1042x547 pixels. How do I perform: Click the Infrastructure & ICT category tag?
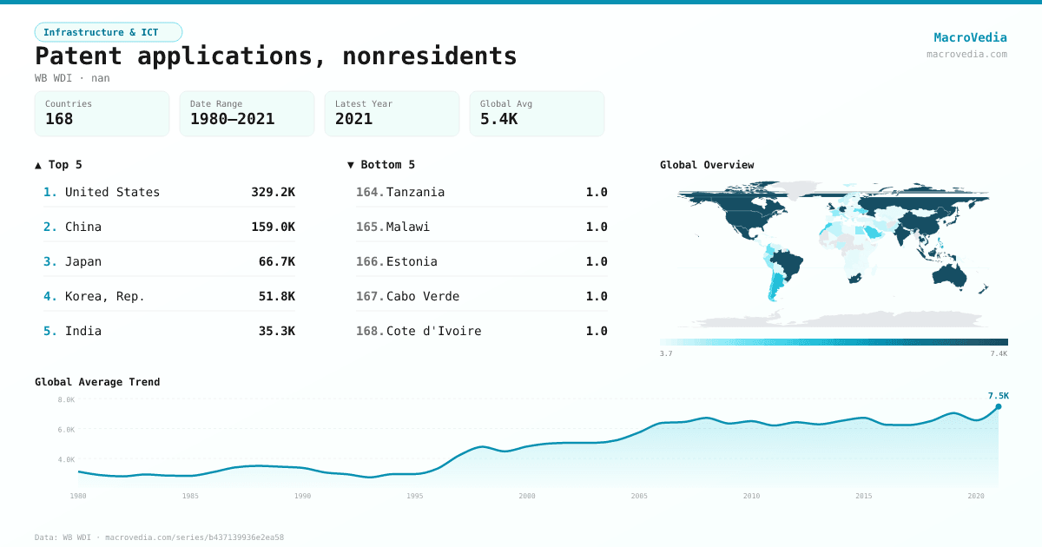click(108, 32)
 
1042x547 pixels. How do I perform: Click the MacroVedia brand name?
click(970, 37)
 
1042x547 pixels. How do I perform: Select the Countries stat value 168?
click(59, 119)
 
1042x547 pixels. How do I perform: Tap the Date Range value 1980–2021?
click(232, 119)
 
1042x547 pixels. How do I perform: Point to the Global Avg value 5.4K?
click(498, 119)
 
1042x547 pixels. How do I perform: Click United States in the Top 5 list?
click(112, 192)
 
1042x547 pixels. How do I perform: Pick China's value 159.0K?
click(273, 227)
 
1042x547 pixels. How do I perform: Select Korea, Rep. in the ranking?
click(104, 296)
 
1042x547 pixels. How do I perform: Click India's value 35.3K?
click(276, 331)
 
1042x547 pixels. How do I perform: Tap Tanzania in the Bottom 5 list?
click(415, 192)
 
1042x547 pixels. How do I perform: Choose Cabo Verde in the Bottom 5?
click(423, 296)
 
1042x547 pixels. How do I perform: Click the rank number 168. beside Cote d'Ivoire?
click(369, 331)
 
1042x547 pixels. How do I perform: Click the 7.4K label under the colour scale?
click(999, 353)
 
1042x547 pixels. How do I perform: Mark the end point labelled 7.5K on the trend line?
click(998, 406)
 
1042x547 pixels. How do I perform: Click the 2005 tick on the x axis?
click(639, 496)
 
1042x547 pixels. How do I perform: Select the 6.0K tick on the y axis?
click(66, 430)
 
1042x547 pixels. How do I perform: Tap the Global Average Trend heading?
click(97, 382)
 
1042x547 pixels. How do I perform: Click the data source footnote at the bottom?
click(159, 537)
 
